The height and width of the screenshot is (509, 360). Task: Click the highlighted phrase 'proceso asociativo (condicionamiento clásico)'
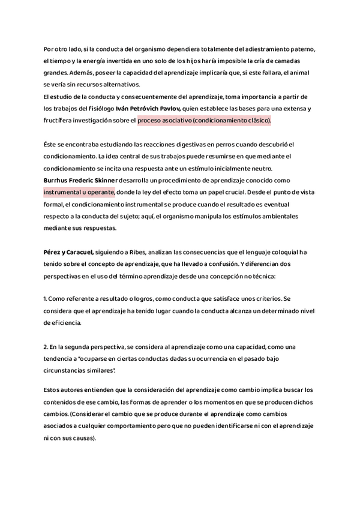click(x=204, y=120)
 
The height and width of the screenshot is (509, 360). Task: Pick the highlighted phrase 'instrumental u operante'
click(x=79, y=192)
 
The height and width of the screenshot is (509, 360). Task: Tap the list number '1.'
click(x=46, y=298)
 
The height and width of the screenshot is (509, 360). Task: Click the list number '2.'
click(x=46, y=348)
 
